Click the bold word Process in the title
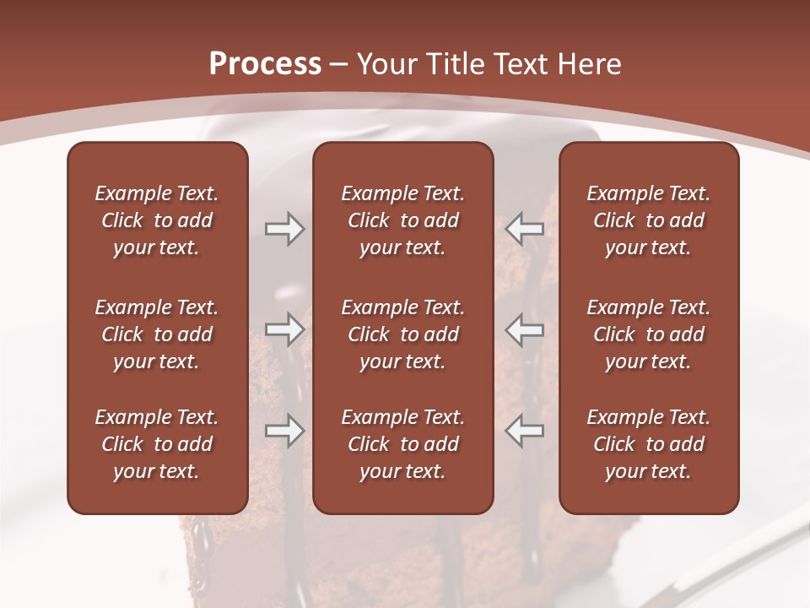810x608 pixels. tap(265, 64)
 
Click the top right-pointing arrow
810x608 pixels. tap(284, 229)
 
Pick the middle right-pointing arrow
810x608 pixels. tap(284, 329)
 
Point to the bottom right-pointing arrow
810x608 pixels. tap(284, 432)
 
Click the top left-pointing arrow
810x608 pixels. tap(525, 228)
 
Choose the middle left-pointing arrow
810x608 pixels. tap(525, 329)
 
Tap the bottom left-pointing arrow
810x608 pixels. tap(525, 432)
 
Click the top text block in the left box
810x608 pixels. tap(157, 220)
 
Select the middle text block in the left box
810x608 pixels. tap(157, 334)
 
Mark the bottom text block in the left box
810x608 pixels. tap(157, 444)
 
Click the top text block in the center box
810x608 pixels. tap(402, 220)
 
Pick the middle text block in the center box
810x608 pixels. tap(402, 334)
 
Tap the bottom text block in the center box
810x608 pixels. tap(402, 444)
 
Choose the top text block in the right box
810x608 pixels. tap(649, 220)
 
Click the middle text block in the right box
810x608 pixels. tap(649, 334)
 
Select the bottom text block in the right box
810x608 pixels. tap(649, 444)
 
